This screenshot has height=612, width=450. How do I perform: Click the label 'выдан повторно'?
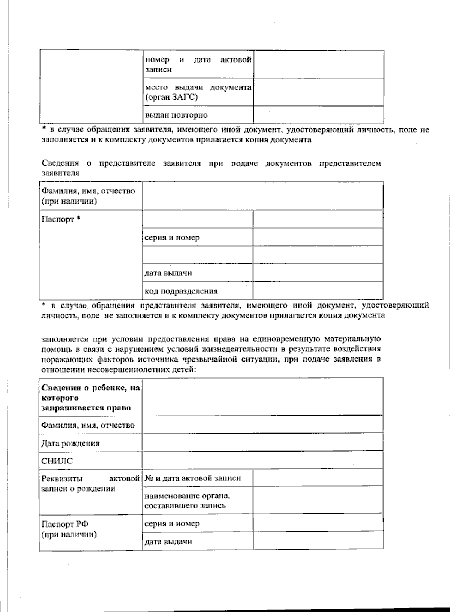(x=176, y=115)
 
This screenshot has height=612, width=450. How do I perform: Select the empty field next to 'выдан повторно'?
(x=318, y=115)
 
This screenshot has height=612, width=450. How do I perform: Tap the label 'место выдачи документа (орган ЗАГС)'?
(x=198, y=92)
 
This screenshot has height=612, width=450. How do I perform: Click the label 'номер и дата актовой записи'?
(x=198, y=64)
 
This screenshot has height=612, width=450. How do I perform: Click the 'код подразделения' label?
(x=181, y=291)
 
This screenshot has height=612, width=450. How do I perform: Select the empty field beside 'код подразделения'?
(x=318, y=291)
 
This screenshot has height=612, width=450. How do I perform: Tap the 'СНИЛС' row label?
(x=57, y=461)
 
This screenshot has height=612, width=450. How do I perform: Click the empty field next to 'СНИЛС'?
(x=262, y=461)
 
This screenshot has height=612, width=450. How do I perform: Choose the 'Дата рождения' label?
(x=70, y=443)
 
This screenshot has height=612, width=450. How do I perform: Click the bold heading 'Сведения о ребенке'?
(x=90, y=397)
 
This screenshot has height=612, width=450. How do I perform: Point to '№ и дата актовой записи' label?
(x=193, y=478)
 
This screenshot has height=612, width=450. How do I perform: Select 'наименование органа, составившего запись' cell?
(x=187, y=501)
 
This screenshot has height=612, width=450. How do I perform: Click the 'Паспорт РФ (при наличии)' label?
(x=69, y=529)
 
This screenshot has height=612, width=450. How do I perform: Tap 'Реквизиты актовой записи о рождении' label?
(x=90, y=483)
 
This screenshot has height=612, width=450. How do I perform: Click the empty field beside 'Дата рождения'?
(x=262, y=443)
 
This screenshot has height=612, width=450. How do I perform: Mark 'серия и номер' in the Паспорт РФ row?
(x=172, y=523)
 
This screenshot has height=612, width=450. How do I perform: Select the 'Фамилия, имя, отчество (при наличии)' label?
(x=88, y=196)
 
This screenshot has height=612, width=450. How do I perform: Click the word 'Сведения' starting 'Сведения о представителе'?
(x=60, y=163)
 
